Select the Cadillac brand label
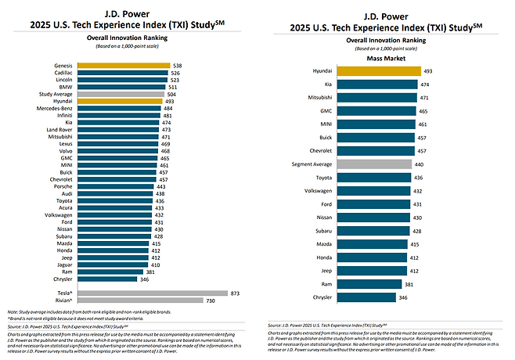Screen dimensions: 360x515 [x=64, y=73]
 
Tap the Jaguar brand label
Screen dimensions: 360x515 [x=66, y=265]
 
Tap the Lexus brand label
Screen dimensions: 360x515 [x=67, y=144]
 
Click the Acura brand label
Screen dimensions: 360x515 [x=67, y=208]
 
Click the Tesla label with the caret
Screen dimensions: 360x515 [x=66, y=291]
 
